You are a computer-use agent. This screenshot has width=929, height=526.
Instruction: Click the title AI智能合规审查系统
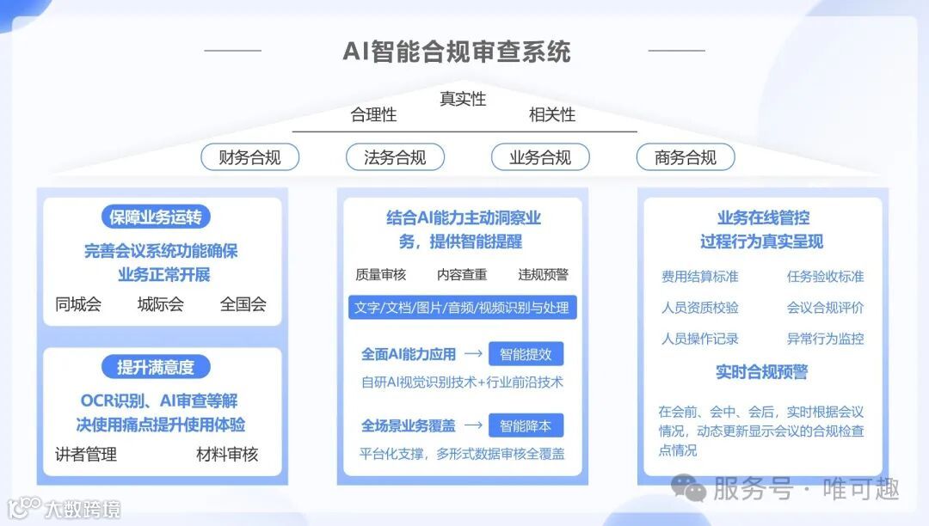(x=456, y=52)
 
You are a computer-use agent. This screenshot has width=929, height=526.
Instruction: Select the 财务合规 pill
(x=250, y=157)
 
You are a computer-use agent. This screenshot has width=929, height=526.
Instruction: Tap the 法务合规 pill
(x=395, y=157)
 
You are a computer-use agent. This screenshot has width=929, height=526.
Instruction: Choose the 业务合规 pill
(x=540, y=157)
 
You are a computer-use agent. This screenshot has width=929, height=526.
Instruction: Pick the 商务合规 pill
(x=686, y=157)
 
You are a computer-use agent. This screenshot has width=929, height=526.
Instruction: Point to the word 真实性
(x=463, y=99)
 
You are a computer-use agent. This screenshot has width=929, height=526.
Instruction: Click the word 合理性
(x=373, y=114)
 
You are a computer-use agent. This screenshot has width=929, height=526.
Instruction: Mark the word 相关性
(x=552, y=114)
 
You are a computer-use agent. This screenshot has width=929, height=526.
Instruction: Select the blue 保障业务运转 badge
(x=156, y=217)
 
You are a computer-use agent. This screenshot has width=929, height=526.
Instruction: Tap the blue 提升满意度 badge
(x=156, y=367)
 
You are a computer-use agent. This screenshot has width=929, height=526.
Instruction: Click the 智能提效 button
(x=526, y=353)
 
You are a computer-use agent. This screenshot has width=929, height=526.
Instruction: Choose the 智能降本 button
(x=526, y=425)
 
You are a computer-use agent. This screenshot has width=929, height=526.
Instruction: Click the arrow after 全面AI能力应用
(x=472, y=353)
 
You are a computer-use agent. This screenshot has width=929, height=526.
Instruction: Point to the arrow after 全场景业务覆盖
(x=472, y=425)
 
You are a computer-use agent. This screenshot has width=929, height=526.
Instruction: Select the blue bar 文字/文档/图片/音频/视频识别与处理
(x=462, y=307)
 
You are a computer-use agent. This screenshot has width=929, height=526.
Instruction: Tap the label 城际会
(x=161, y=303)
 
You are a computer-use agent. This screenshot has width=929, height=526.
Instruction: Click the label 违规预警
(x=543, y=274)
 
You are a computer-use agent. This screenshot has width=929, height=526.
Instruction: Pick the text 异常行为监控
(x=825, y=339)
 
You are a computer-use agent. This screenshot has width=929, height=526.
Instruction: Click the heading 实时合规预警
(x=762, y=372)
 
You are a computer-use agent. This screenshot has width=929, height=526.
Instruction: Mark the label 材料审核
(x=227, y=454)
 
